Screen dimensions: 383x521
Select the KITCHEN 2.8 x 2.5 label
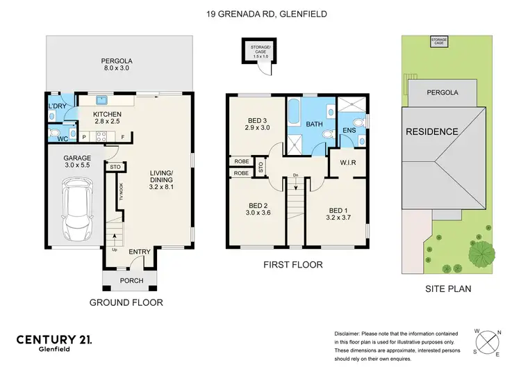click(108, 117)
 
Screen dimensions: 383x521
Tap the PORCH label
click(131, 281)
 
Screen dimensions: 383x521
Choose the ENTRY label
click(139, 252)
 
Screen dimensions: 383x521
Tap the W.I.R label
click(349, 164)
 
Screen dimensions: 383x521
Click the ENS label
click(351, 129)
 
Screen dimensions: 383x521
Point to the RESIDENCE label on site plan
click(432, 132)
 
